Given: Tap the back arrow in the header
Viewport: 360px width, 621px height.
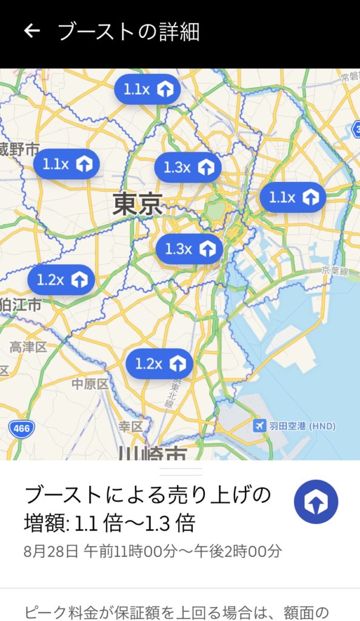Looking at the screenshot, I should pyautogui.click(x=32, y=31).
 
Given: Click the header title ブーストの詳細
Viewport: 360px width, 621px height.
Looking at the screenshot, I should pyautogui.click(x=128, y=32).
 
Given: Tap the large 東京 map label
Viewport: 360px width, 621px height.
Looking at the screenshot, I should pyautogui.click(x=138, y=204).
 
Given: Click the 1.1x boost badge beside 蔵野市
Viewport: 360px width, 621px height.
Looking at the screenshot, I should pyautogui.click(x=66, y=164).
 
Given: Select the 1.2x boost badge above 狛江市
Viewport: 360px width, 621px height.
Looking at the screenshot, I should pyautogui.click(x=61, y=280).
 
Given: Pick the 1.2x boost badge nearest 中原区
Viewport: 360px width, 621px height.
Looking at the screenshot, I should pyautogui.click(x=159, y=364).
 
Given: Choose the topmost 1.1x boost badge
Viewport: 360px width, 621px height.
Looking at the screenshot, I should pyautogui.click(x=147, y=90).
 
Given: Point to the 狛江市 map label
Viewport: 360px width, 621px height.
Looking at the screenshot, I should pyautogui.click(x=21, y=304).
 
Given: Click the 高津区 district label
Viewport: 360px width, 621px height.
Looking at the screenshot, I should pyautogui.click(x=28, y=347).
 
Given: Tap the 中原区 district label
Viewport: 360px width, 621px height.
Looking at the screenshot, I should pyautogui.click(x=90, y=384).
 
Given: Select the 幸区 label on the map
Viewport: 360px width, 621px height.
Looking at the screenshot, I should pyautogui.click(x=130, y=426).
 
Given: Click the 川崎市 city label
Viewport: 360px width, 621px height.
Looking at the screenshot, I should pyautogui.click(x=152, y=453).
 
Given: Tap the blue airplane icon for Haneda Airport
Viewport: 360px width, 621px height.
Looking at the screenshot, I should pyautogui.click(x=260, y=426).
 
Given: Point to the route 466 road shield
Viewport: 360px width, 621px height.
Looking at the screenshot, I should pyautogui.click(x=21, y=429).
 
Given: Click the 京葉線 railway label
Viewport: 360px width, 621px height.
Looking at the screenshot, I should pyautogui.click(x=335, y=271).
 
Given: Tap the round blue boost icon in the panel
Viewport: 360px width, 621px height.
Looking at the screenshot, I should pyautogui.click(x=316, y=502).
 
